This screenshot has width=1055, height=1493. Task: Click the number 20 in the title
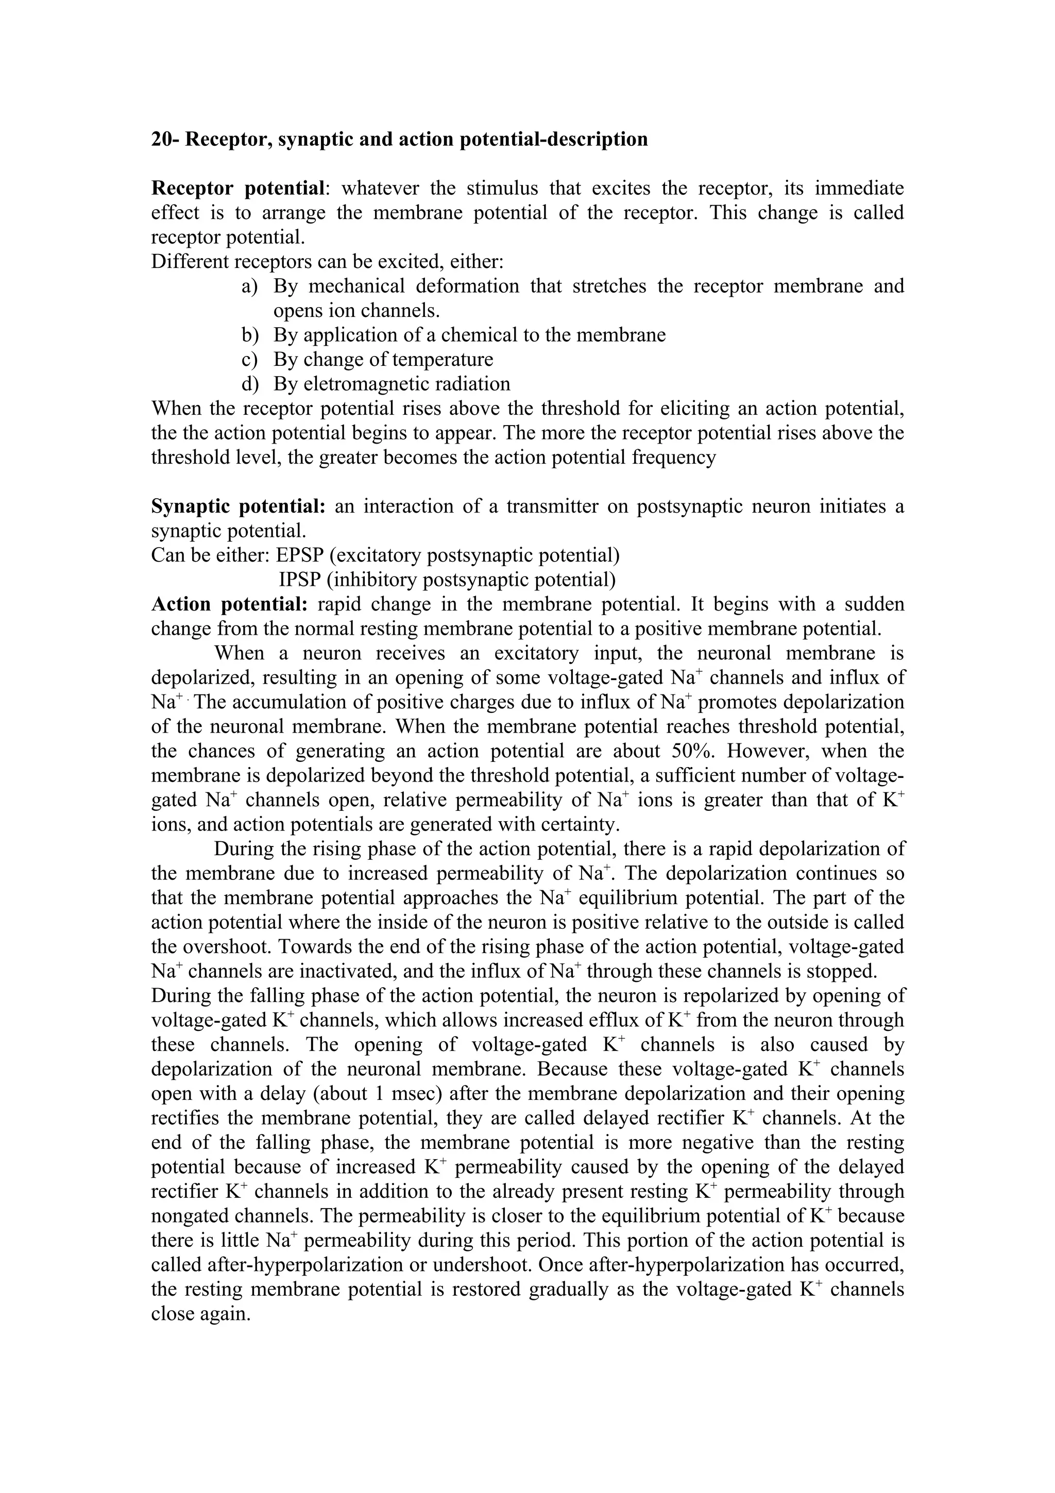coord(162,139)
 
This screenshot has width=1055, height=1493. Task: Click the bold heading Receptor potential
coord(238,189)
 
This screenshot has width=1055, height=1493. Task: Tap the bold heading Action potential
coord(229,604)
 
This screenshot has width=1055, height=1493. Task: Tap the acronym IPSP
coord(296,580)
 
